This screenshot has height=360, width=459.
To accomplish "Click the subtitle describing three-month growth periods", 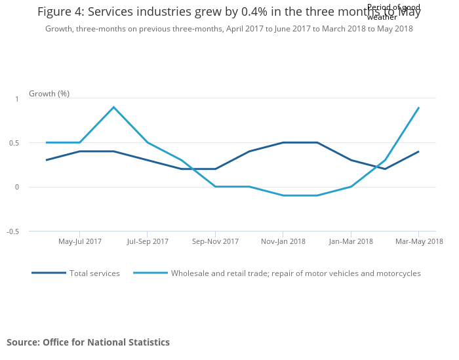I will point(229,29).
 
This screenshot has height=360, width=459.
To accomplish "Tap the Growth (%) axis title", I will point(49,94).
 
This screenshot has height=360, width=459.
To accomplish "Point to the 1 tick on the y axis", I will point(17,98).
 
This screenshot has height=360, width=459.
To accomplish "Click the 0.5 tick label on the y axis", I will point(14,143).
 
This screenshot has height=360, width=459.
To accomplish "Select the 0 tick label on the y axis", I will point(17,187).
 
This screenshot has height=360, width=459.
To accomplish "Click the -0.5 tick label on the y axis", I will point(12,231).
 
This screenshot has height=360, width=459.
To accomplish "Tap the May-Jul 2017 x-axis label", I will point(80,241).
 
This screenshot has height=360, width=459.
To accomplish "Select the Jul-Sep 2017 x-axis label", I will point(148,241).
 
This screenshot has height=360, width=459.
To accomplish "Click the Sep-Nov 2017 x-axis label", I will point(215,241).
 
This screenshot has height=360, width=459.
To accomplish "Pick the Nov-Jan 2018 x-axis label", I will point(283,241).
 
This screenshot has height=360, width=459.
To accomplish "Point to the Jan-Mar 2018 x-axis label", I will point(351,241).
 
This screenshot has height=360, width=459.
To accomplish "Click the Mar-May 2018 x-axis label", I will point(419,241).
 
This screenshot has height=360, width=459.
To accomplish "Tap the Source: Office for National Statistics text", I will point(88,342).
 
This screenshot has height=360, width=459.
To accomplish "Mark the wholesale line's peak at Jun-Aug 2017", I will point(113,107).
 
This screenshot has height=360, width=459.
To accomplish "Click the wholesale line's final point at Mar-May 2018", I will point(418,108).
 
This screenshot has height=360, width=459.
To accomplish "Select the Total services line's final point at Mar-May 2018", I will point(418,151).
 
